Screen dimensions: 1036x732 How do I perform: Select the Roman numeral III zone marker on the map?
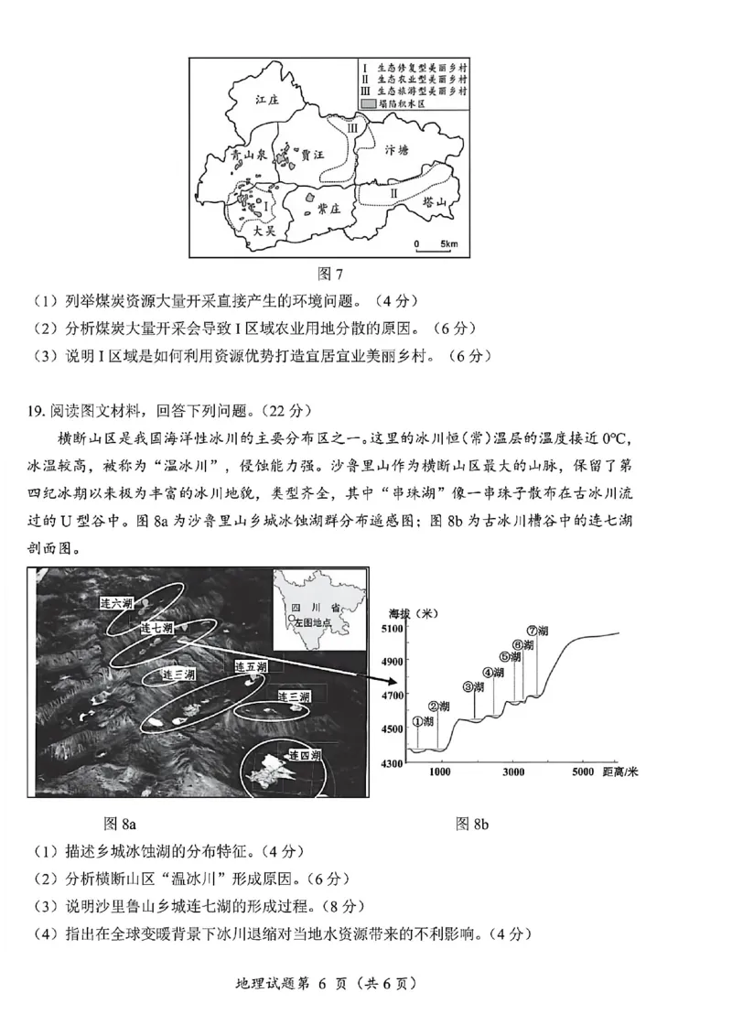tap(353, 130)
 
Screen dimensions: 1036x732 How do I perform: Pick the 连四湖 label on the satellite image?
tap(303, 756)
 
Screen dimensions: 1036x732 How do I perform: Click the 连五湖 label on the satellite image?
tap(250, 665)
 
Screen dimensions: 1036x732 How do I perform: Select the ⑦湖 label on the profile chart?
tap(537, 631)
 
